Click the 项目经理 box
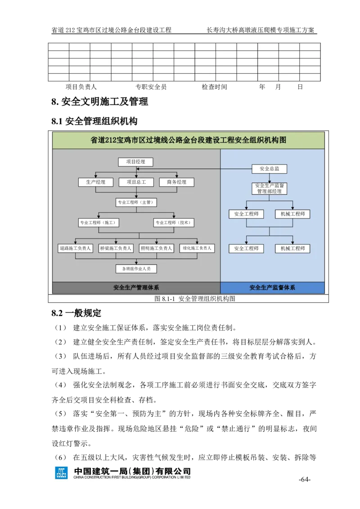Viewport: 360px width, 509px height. (x=135, y=162)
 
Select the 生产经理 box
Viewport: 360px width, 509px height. (x=95, y=182)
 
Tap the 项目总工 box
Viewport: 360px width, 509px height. (x=136, y=182)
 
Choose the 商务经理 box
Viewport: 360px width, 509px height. (x=176, y=182)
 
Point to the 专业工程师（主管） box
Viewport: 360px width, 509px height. (x=136, y=202)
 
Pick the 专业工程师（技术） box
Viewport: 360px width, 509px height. (x=174, y=222)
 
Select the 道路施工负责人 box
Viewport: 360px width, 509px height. (x=75, y=248)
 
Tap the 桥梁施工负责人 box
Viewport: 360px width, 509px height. (x=116, y=248)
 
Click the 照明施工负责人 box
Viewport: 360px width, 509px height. (x=156, y=248)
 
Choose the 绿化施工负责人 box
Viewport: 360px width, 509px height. (x=197, y=248)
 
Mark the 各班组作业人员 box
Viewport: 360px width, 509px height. (x=136, y=269)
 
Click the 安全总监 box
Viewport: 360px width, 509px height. (x=269, y=169)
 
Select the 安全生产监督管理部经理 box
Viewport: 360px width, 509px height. (x=269, y=188)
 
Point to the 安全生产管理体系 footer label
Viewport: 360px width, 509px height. (x=136, y=288)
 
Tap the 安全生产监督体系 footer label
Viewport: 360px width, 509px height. (x=272, y=288)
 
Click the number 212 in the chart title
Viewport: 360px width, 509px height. (x=110, y=140)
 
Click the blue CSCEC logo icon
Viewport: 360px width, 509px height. (x=62, y=473)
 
